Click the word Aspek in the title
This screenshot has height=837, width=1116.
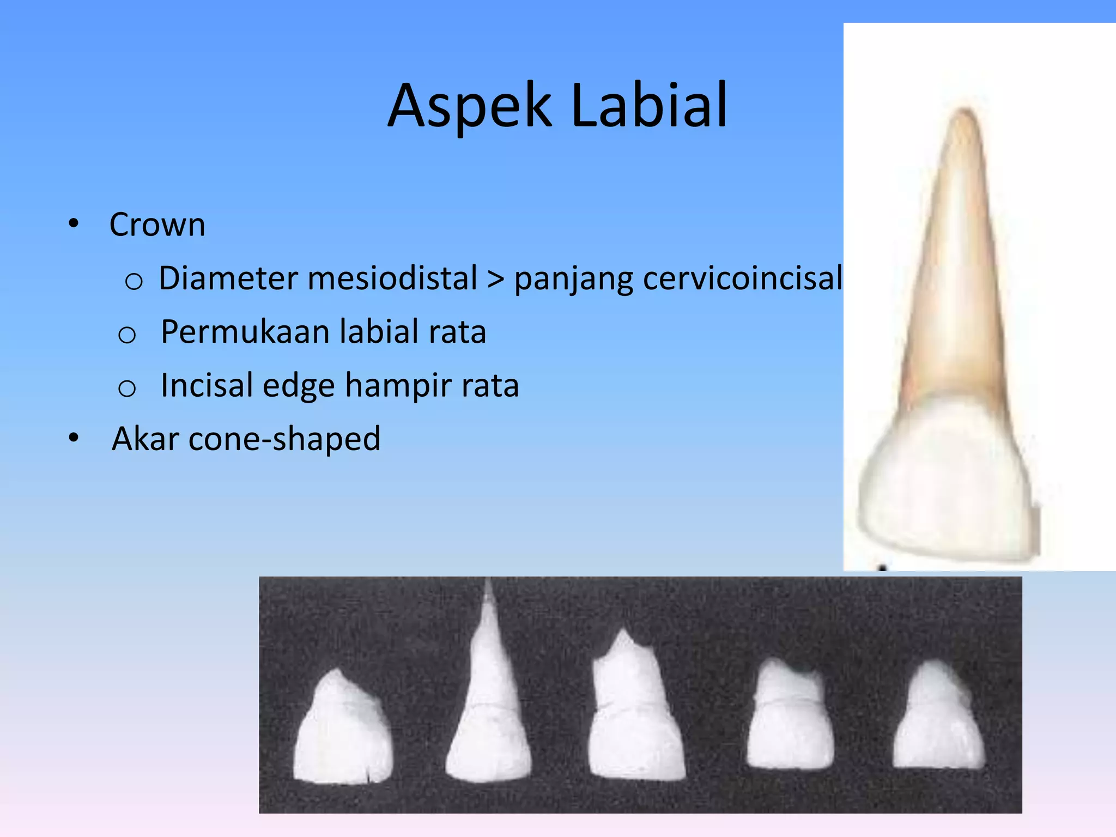coord(469,106)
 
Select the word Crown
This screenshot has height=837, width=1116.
coord(157,225)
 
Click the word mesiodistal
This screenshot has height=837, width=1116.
coord(392,278)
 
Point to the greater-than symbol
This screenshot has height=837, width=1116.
coord(495,279)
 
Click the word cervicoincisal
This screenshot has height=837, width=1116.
coord(742,278)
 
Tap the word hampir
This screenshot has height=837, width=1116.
coord(398,385)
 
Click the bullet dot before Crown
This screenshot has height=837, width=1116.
coord(74,223)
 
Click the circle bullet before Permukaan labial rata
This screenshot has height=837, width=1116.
coord(127,334)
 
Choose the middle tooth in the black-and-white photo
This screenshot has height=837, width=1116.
coord(635,719)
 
